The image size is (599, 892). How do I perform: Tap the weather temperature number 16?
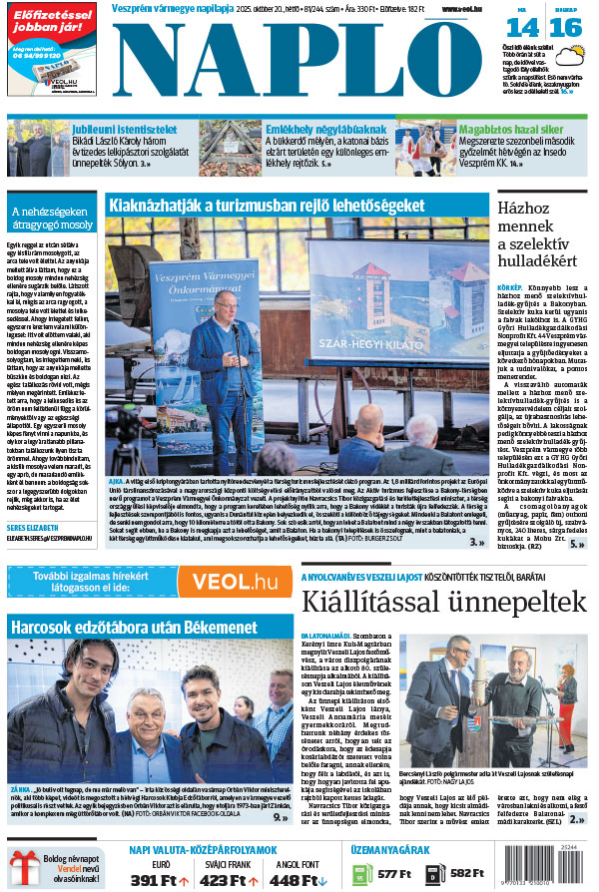pyautogui.click(x=564, y=27)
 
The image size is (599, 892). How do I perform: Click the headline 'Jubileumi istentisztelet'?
pyautogui.click(x=124, y=130)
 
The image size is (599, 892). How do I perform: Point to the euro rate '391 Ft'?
pyautogui.click(x=154, y=880)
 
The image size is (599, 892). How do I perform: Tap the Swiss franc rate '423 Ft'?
pyautogui.click(x=229, y=880)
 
